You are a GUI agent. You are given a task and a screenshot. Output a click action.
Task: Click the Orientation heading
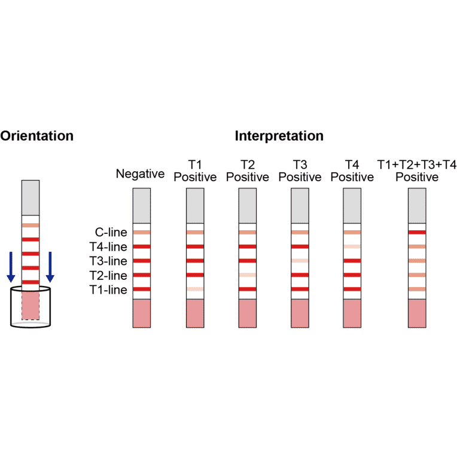[37, 136]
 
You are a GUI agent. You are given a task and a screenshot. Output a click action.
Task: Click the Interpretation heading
[279, 136]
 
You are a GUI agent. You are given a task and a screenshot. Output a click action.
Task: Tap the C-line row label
[111, 232]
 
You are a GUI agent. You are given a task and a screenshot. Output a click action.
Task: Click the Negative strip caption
[140, 174]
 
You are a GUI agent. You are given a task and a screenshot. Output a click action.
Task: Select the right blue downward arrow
[50, 267]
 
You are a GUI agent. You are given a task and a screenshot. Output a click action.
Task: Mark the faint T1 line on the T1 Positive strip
[195, 290]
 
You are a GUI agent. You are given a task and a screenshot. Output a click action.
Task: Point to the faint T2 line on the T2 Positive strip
[247, 275]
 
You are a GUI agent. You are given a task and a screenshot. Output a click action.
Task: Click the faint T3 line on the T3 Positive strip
[300, 261]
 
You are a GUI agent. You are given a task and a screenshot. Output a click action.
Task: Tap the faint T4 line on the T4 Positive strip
[352, 246]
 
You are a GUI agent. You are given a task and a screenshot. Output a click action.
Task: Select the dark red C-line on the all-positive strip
[416, 232]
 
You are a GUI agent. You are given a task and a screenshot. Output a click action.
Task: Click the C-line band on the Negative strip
[142, 232]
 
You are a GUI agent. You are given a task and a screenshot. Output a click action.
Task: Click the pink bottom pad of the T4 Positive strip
[352, 313]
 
